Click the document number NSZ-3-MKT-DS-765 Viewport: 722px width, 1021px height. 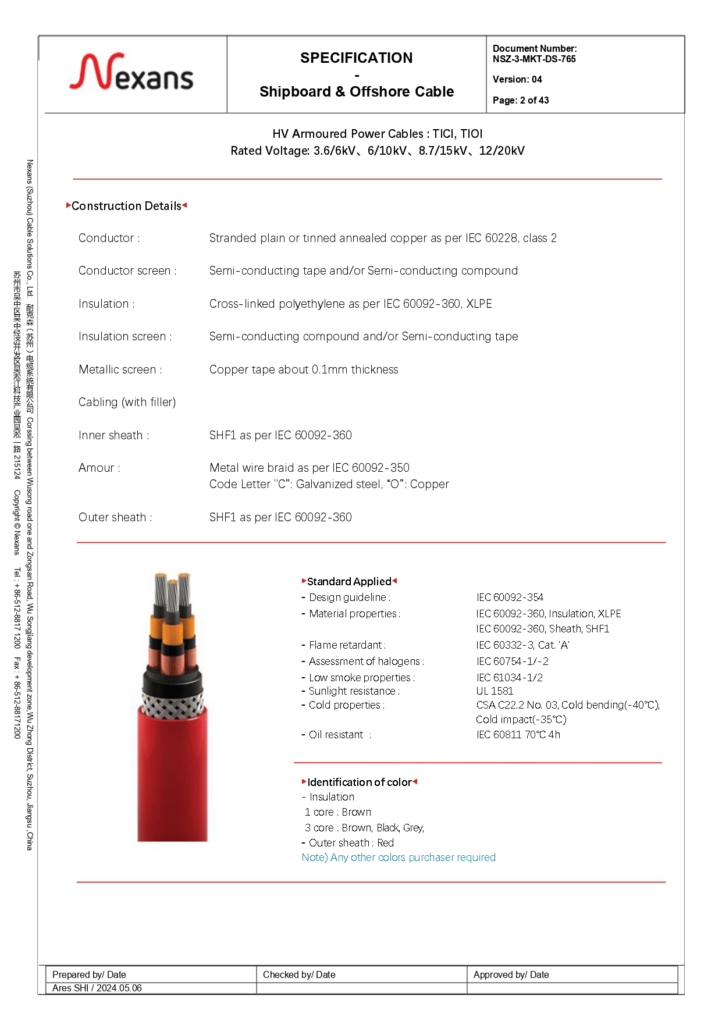tap(534, 59)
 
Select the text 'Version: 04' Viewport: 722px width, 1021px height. tap(517, 79)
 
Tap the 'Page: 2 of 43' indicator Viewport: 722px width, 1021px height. tap(521, 100)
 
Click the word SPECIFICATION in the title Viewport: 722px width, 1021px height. tap(356, 58)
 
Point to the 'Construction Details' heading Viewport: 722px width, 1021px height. tap(126, 206)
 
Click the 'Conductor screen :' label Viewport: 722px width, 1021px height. tap(127, 271)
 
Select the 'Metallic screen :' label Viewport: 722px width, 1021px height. tap(120, 369)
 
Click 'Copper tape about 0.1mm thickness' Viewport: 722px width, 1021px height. tap(304, 369)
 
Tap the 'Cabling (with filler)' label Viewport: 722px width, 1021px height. tap(127, 402)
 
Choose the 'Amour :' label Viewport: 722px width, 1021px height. tap(99, 468)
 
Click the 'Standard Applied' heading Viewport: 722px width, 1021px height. tap(349, 581)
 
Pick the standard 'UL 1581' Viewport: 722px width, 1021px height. tap(495, 691)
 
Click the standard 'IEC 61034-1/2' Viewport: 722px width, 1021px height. tap(509, 677)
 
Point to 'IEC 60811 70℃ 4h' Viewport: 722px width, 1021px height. tap(518, 734)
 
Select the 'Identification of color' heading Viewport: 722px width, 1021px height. tap(359, 782)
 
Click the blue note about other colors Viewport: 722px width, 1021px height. tap(399, 857)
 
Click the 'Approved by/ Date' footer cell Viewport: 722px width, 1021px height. tap(511, 974)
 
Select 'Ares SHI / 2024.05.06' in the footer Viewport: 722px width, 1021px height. tap(97, 988)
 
